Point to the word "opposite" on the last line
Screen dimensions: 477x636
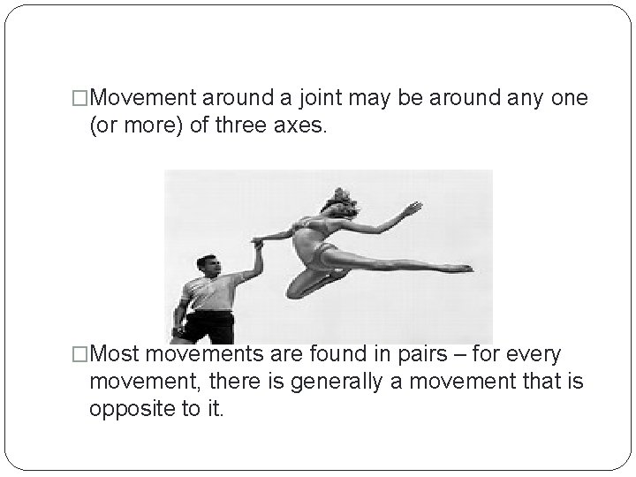pos(130,410)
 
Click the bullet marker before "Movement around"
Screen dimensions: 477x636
pos(79,99)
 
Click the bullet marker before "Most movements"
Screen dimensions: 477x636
pos(79,355)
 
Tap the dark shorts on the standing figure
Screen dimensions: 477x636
pos(210,327)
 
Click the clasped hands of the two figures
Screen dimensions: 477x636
pos(258,240)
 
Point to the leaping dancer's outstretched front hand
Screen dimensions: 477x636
pos(412,208)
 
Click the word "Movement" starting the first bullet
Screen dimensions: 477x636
pos(146,99)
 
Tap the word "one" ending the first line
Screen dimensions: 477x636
pos(568,99)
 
